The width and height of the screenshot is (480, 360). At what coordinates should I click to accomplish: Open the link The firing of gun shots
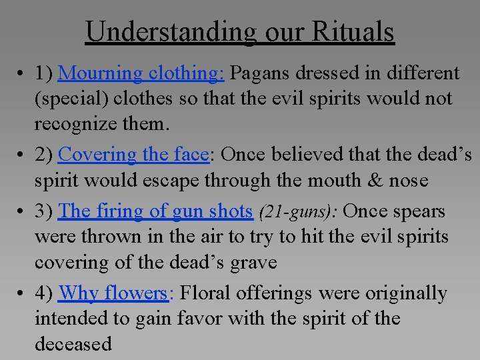[156, 211]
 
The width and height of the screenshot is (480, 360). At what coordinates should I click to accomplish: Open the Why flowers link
[112, 293]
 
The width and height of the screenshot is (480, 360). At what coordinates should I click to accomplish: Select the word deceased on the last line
[73, 344]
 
